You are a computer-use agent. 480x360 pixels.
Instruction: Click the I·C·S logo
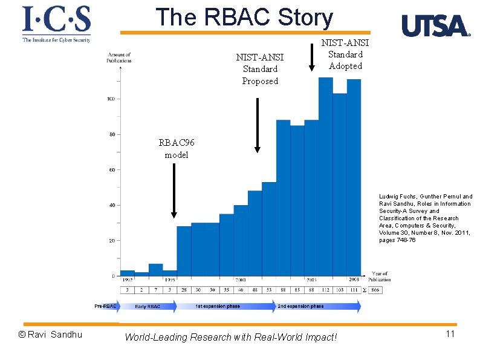click(x=56, y=24)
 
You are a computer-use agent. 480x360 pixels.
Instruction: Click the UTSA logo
click(x=435, y=27)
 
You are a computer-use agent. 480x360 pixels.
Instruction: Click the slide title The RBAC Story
click(x=244, y=18)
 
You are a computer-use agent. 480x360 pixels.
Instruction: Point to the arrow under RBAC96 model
click(x=174, y=191)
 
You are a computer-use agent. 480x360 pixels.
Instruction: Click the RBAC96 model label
click(x=177, y=149)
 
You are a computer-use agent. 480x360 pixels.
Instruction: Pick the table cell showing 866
click(x=375, y=290)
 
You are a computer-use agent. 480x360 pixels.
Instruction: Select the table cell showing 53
click(x=268, y=290)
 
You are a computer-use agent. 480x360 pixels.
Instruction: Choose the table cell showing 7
click(x=155, y=290)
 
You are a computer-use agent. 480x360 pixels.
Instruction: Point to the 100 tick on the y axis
click(x=112, y=99)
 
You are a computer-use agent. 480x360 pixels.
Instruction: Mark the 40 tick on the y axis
click(x=112, y=205)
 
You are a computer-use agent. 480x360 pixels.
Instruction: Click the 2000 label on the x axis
click(x=241, y=280)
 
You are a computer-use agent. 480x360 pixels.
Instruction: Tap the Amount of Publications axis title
click(x=119, y=57)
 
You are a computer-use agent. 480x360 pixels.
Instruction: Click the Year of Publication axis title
click(x=380, y=277)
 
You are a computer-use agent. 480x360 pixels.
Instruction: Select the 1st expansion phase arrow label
click(x=218, y=307)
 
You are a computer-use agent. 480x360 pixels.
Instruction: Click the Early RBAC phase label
click(x=148, y=307)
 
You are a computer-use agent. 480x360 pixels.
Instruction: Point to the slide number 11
click(x=449, y=334)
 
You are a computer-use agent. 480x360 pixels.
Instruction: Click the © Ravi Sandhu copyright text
click(x=50, y=335)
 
